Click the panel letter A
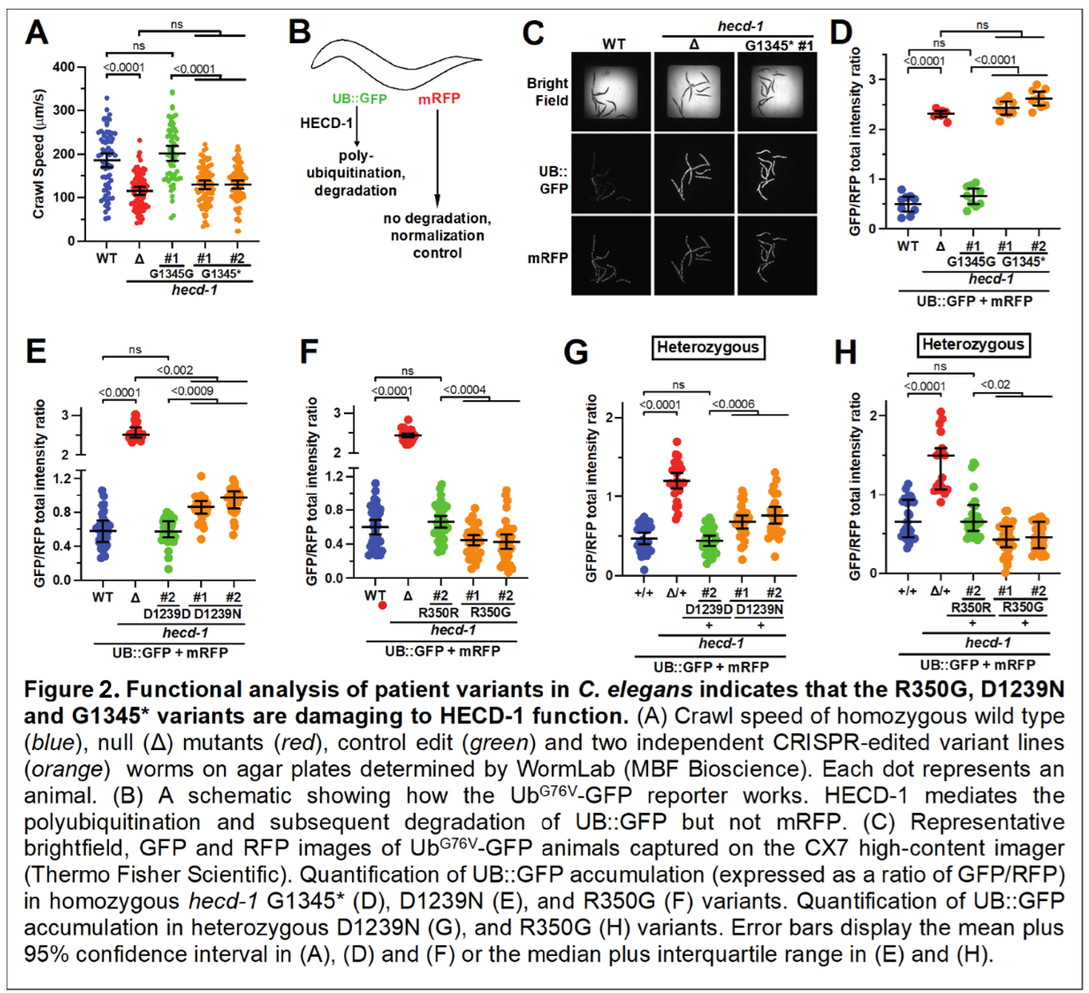(x=37, y=33)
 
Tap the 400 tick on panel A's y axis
(x=64, y=67)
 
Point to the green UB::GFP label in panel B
(x=359, y=99)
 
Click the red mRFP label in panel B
(x=439, y=99)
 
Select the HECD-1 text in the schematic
(x=326, y=123)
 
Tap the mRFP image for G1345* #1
(x=777, y=255)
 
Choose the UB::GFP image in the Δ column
(x=695, y=174)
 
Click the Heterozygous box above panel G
(x=707, y=348)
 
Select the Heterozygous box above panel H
(x=973, y=345)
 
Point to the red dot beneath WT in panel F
(x=383, y=605)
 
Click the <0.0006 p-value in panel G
(x=733, y=404)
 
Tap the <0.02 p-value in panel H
(x=995, y=384)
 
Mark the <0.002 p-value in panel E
(x=175, y=370)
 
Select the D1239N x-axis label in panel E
(x=218, y=613)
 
